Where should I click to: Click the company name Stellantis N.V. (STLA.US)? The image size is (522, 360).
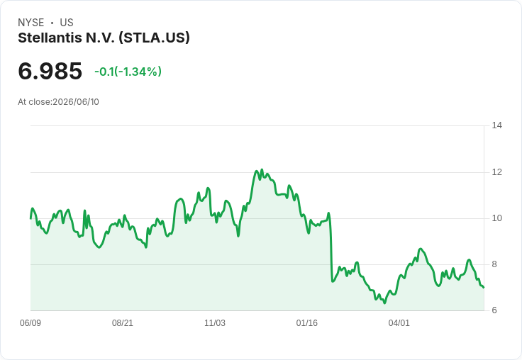[104, 38]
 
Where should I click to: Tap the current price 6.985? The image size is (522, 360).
[50, 71]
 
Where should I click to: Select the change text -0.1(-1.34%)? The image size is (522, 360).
[128, 72]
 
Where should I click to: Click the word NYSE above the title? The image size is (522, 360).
[31, 23]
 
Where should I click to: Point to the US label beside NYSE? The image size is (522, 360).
[67, 23]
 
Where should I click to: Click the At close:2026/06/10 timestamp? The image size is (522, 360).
[59, 102]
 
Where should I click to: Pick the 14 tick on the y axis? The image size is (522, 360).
[497, 125]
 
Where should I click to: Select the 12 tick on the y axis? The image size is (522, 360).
[497, 172]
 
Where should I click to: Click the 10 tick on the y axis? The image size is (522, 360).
[497, 218]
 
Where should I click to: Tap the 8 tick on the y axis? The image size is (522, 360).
[494, 264]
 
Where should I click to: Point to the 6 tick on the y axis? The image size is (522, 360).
[494, 310]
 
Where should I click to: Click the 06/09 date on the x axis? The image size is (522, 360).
[30, 323]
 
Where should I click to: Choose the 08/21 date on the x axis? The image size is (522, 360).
[123, 323]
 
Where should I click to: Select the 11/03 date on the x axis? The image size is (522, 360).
[215, 323]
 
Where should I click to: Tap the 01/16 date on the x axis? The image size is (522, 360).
[307, 323]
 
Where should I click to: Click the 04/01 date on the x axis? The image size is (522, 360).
[399, 323]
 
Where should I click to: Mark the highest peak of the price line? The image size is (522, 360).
[262, 169]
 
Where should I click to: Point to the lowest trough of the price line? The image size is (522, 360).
[385, 303]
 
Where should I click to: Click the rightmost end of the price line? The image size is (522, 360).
[484, 287]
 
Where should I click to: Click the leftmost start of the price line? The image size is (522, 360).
[30, 218]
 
